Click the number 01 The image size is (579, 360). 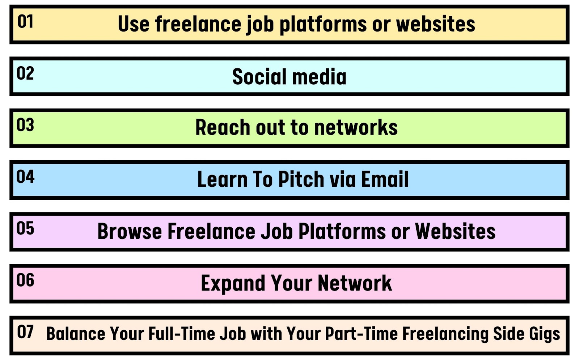[25, 21]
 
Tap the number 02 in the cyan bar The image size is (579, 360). [25, 73]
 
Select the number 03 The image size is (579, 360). [25, 125]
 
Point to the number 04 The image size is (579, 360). [25, 177]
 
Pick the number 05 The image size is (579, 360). [25, 228]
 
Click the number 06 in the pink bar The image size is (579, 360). [25, 280]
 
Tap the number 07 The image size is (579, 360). [25, 332]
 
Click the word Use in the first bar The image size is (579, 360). [134, 24]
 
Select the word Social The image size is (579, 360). [260, 76]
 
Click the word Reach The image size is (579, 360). [223, 127]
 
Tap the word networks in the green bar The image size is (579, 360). [356, 127]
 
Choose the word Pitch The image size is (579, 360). [301, 179]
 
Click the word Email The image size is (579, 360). [385, 179]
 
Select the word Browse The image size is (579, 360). [130, 231]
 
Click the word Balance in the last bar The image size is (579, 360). [76, 334]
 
